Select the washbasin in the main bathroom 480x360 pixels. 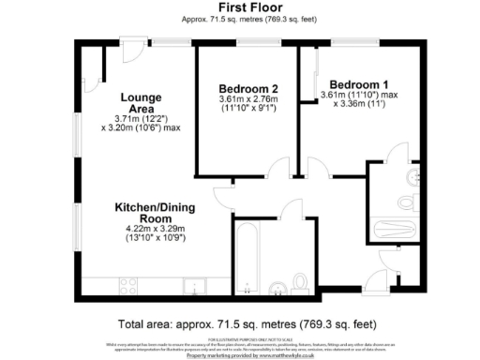click(277, 286)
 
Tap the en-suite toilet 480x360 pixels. click(405, 201)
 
